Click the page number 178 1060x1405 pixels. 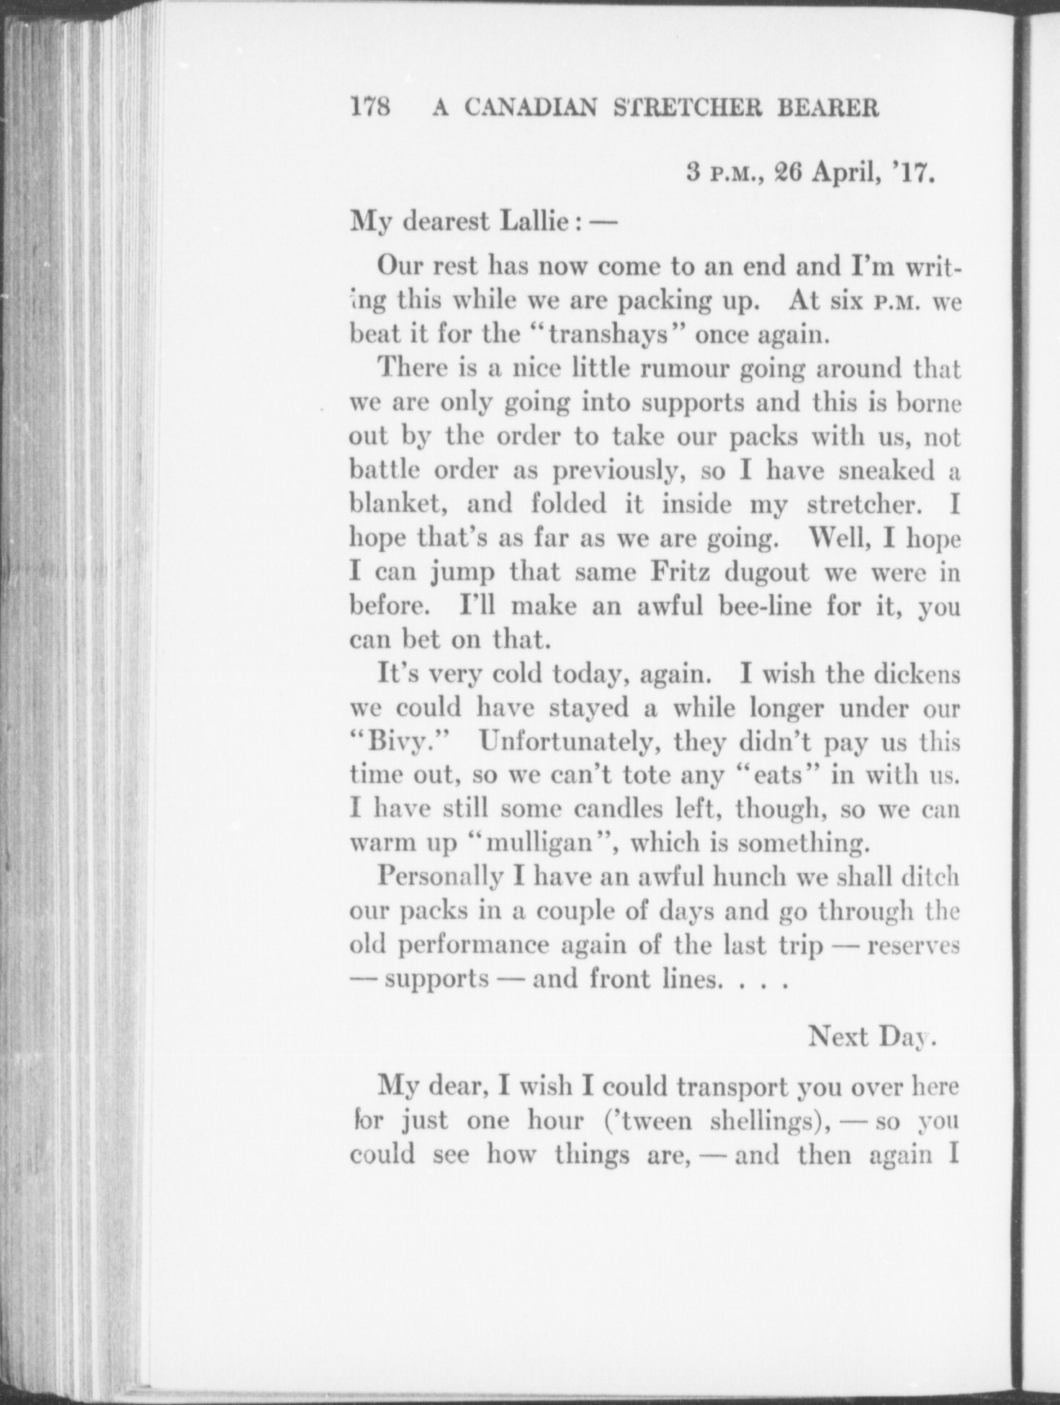(369, 107)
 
